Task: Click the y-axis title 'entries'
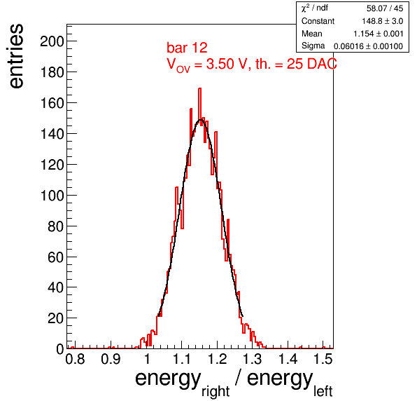click(x=16, y=56)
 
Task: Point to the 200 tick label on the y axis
click(x=52, y=41)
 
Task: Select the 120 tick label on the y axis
click(x=52, y=165)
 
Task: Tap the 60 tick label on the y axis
click(x=55, y=257)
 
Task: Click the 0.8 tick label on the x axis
click(x=76, y=359)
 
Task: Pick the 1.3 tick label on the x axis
click(x=252, y=359)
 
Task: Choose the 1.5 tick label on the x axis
click(x=323, y=359)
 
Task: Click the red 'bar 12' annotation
click(x=187, y=48)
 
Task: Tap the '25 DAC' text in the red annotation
click(x=311, y=64)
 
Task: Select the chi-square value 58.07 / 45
click(x=385, y=8)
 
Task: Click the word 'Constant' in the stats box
click(x=318, y=21)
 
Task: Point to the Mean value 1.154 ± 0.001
click(x=379, y=34)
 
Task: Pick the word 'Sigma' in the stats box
click(x=313, y=46)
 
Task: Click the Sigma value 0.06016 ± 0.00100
click(x=368, y=46)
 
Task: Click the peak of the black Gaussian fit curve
click(x=201, y=120)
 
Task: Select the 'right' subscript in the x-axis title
click(x=215, y=392)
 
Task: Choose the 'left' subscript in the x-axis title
click(x=323, y=391)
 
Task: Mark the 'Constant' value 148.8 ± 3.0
click(x=383, y=21)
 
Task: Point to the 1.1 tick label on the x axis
click(x=182, y=359)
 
